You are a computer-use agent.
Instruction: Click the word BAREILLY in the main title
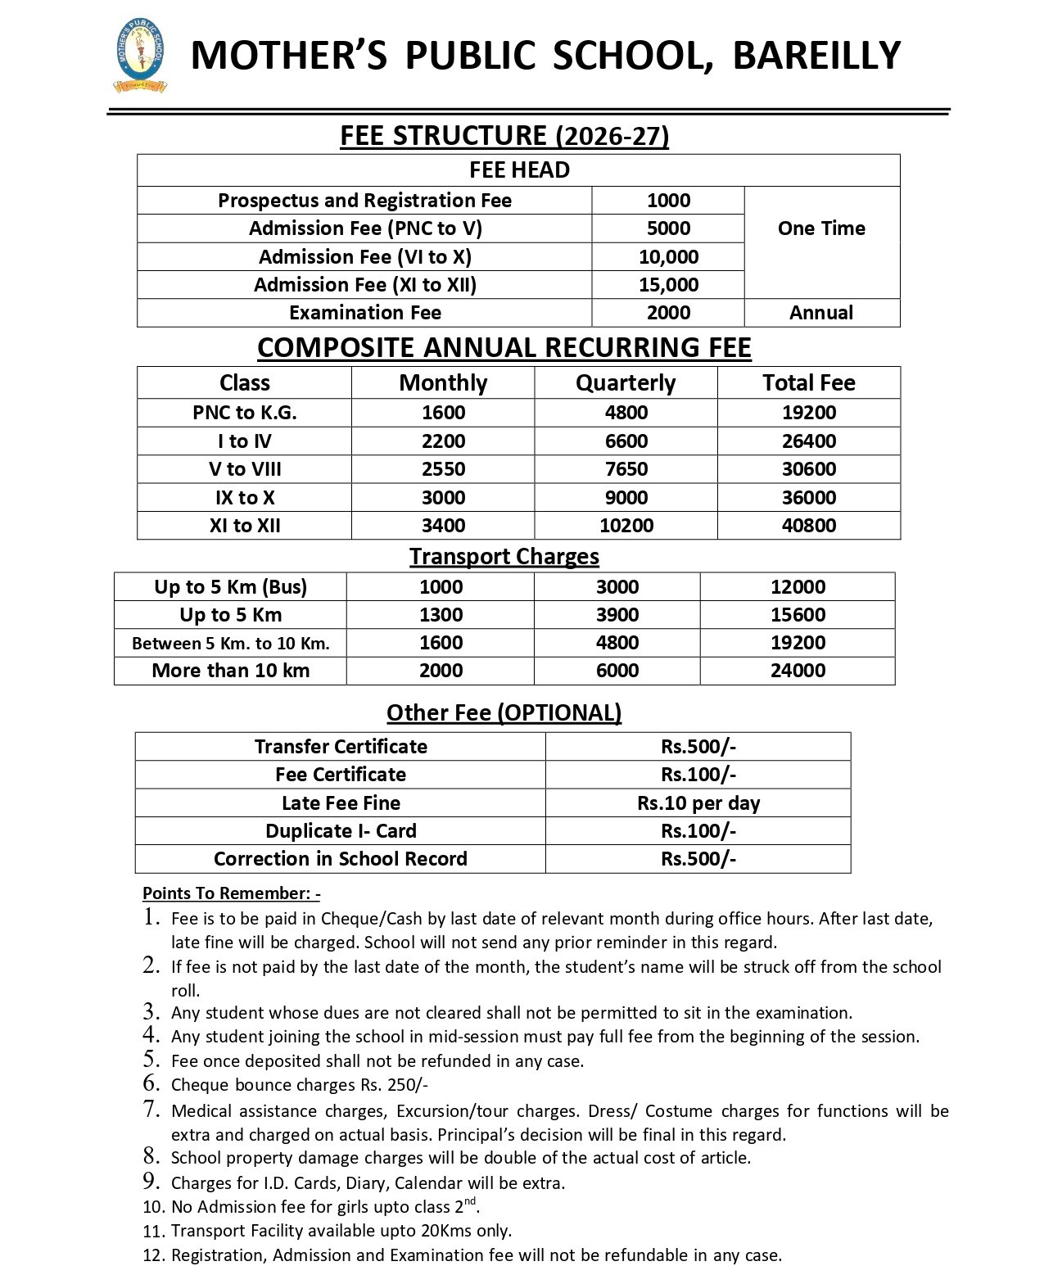pyautogui.click(x=816, y=56)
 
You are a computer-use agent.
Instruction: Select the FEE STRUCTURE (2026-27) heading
pyautogui.click(x=504, y=135)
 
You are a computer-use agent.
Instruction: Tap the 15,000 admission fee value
pyautogui.click(x=668, y=285)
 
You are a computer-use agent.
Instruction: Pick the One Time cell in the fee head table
pyautogui.click(x=821, y=228)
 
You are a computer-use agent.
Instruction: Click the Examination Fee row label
pyautogui.click(x=364, y=313)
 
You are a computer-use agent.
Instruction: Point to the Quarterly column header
pyautogui.click(x=626, y=383)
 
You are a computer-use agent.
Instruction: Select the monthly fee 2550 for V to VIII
pyautogui.click(x=443, y=469)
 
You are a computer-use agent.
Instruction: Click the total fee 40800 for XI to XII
pyautogui.click(x=809, y=526)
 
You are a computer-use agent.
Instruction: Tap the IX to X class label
pyautogui.click(x=245, y=498)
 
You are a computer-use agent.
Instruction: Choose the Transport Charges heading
pyautogui.click(x=504, y=557)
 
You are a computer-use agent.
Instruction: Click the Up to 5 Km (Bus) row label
pyautogui.click(x=230, y=587)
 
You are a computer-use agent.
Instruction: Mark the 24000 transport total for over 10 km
pyautogui.click(x=798, y=671)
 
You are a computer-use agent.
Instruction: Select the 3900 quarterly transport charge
pyautogui.click(x=617, y=615)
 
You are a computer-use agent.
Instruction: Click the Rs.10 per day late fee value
pyautogui.click(x=698, y=803)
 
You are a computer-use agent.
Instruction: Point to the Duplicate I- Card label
pyautogui.click(x=341, y=831)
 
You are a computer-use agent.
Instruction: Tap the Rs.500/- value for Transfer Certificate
pyautogui.click(x=698, y=747)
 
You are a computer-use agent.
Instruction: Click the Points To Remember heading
pyautogui.click(x=231, y=893)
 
